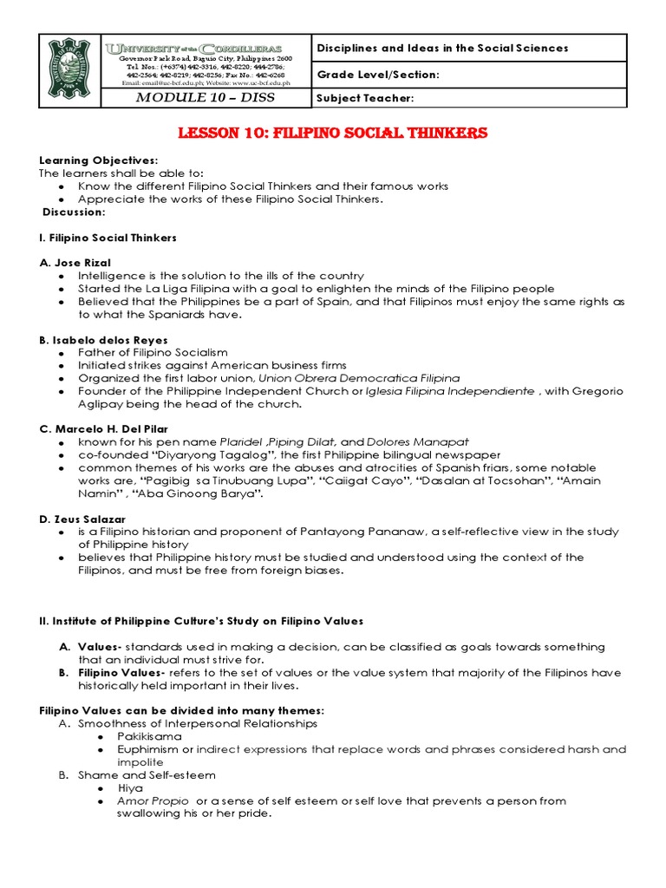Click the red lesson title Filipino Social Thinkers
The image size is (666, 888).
pos(333,133)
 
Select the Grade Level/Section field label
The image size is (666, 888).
pos(379,75)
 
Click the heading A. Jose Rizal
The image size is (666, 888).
pos(75,262)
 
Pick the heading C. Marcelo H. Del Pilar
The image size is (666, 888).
pos(104,428)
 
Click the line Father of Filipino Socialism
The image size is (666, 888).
pos(153,352)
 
